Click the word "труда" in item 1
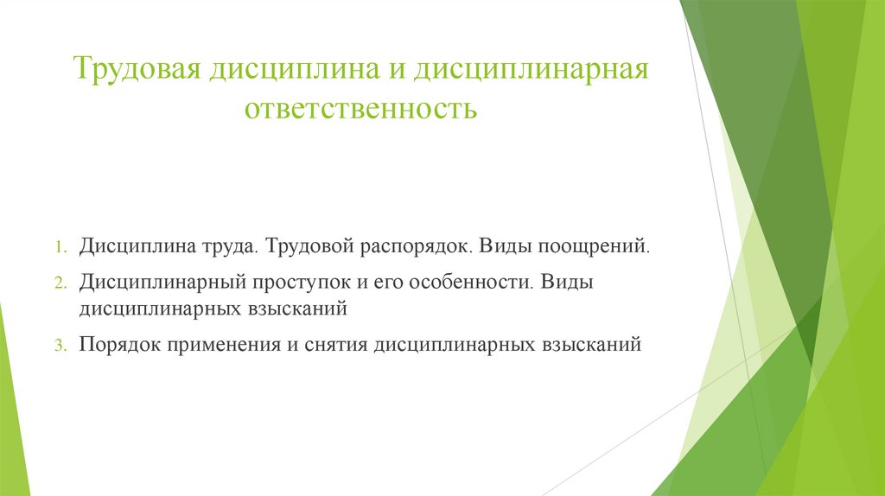(x=228, y=246)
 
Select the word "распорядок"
(x=408, y=246)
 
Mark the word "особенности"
(x=476, y=283)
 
